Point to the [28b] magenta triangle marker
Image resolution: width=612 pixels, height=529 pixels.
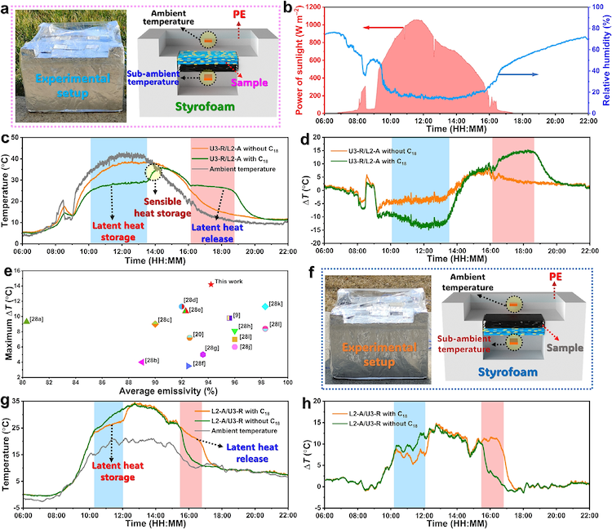pos(142,361)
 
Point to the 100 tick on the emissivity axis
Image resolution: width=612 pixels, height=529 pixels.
pos(287,380)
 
